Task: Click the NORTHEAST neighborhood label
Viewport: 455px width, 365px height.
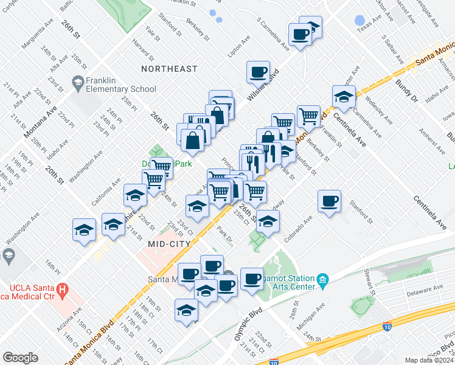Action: click(169, 69)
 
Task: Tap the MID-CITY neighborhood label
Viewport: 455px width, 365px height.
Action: click(170, 243)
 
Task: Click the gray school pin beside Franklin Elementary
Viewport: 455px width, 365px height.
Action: click(77, 82)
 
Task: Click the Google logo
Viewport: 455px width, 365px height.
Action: click(20, 358)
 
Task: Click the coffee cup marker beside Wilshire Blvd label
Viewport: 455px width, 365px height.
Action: click(258, 72)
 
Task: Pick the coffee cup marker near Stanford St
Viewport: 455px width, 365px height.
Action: click(329, 201)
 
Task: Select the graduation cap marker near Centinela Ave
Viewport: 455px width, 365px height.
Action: click(344, 97)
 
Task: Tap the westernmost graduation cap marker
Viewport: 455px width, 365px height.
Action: click(84, 230)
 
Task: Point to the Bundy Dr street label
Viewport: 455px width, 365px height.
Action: click(407, 90)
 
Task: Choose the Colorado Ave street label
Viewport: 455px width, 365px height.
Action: click(298, 228)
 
